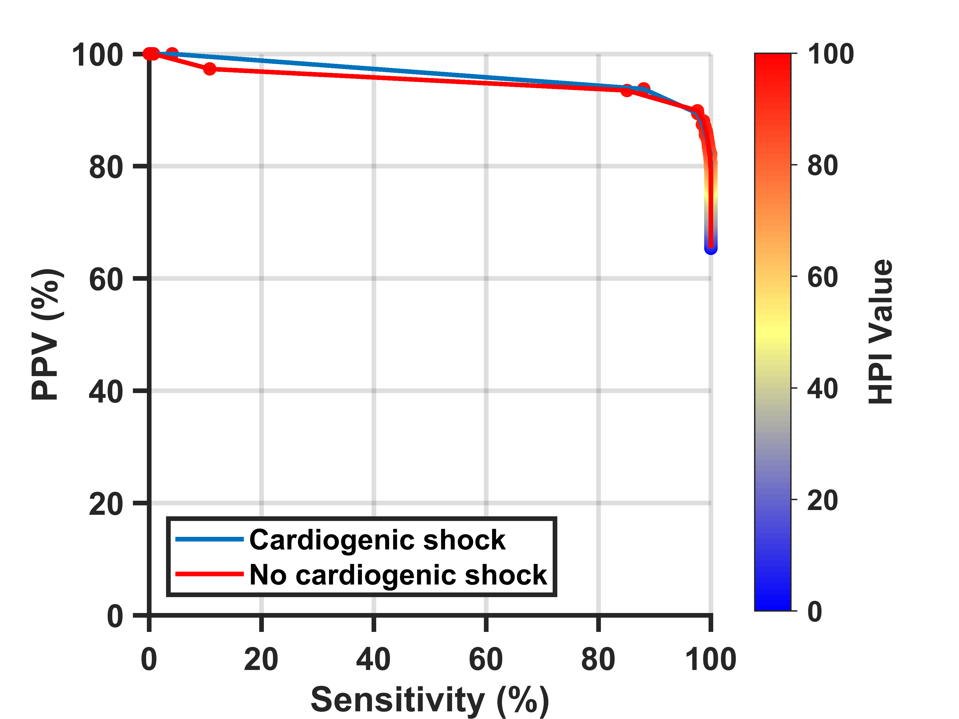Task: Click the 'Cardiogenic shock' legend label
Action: [377, 540]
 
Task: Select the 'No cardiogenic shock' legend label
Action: [398, 575]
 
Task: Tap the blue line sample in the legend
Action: [209, 539]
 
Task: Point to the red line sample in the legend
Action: [209, 574]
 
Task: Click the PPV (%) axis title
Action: [47, 334]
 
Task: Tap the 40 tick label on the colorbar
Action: [823, 389]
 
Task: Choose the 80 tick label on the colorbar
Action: [823, 165]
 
